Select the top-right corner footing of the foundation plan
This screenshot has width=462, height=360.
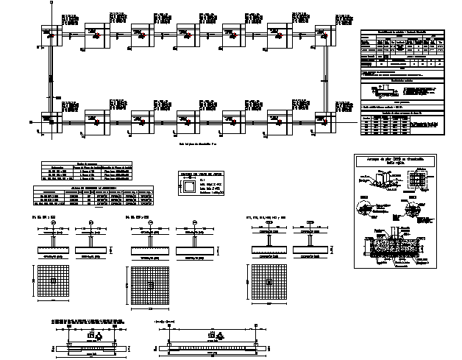(x=323, y=34)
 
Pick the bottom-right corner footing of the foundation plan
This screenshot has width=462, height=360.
(x=323, y=120)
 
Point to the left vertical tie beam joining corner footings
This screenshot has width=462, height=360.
(x=49, y=77)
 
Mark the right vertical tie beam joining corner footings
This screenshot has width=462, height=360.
(x=324, y=77)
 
